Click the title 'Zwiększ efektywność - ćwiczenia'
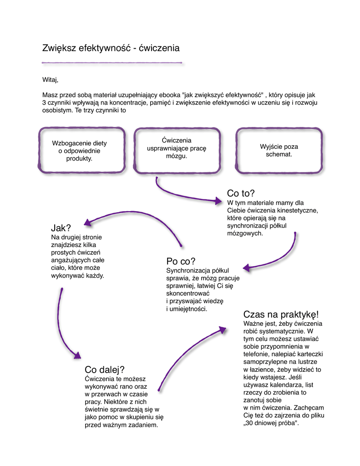(111, 48)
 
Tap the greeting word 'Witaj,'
(51, 80)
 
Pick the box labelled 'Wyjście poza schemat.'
(279, 151)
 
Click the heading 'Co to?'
(241, 193)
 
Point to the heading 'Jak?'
(61, 228)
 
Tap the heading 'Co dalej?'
(105, 370)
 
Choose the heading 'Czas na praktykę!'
(281, 314)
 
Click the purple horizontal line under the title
(112, 62)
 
